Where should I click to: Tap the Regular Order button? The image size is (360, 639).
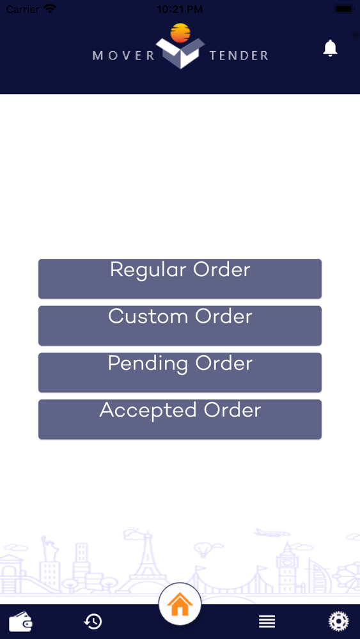click(x=180, y=279)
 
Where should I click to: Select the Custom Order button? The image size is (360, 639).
click(x=180, y=326)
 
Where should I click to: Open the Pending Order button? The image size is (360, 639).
click(x=180, y=373)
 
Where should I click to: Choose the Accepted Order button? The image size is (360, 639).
click(x=180, y=419)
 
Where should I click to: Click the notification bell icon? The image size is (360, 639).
click(x=330, y=48)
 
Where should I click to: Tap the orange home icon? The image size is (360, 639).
click(x=180, y=605)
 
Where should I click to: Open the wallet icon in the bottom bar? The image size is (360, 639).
click(x=20, y=622)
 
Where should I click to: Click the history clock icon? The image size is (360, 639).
click(x=93, y=622)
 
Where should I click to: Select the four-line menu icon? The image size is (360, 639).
click(x=267, y=622)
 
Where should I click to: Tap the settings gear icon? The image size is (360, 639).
click(x=339, y=622)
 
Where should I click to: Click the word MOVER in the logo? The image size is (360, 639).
click(x=123, y=56)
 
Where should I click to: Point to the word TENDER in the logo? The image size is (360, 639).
click(x=239, y=56)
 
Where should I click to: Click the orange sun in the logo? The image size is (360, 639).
click(x=180, y=33)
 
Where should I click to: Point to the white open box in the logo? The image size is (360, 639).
click(x=180, y=53)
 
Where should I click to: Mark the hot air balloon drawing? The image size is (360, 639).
click(x=203, y=550)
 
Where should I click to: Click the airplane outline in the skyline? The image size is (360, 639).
click(x=272, y=533)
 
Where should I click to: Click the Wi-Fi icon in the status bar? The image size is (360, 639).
click(x=50, y=8)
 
